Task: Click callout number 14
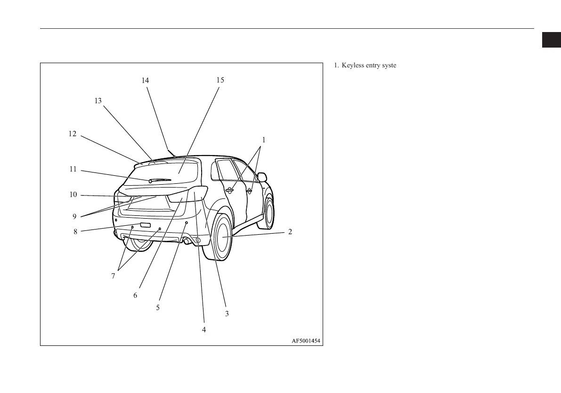pos(145,81)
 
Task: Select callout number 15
pos(220,80)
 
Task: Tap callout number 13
pos(98,101)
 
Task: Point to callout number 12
pos(72,134)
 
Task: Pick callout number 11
pos(73,169)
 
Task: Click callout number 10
pos(73,195)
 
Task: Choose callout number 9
pos(74,217)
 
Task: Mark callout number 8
pos(75,231)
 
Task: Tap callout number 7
pos(113,277)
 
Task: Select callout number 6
pos(135,295)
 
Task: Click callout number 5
pos(158,307)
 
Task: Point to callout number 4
pos(204,330)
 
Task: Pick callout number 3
pos(227,313)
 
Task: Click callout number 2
pos(290,231)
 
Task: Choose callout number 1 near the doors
pos(264,140)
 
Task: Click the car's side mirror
pos(262,177)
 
